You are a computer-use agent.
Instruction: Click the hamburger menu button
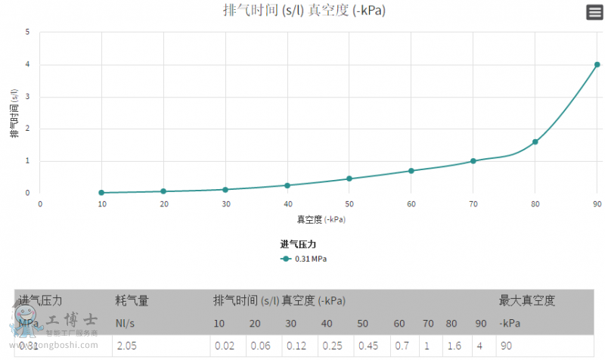pos(594,12)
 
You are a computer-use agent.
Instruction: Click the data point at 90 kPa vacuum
pos(597,64)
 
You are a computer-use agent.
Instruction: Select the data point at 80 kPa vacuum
pos(535,141)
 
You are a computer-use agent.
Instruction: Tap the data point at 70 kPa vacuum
pos(473,161)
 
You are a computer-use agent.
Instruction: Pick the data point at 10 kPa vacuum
pos(101,193)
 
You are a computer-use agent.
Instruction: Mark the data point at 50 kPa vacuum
pos(349,178)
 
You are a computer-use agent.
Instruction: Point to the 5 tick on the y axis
pos(27,33)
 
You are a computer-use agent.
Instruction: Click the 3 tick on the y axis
pos(27,97)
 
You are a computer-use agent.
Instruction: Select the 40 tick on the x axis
pos(287,204)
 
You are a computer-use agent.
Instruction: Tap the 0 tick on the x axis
pos(40,204)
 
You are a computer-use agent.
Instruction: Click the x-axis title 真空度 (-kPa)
pos(321,219)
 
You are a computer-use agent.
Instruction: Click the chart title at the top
pos(306,11)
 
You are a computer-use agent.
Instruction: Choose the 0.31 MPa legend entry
pos(303,259)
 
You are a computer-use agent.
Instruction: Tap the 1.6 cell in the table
pos(452,346)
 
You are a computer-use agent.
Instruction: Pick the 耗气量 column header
pos(131,301)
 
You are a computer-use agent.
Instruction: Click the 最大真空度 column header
pos(526,301)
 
